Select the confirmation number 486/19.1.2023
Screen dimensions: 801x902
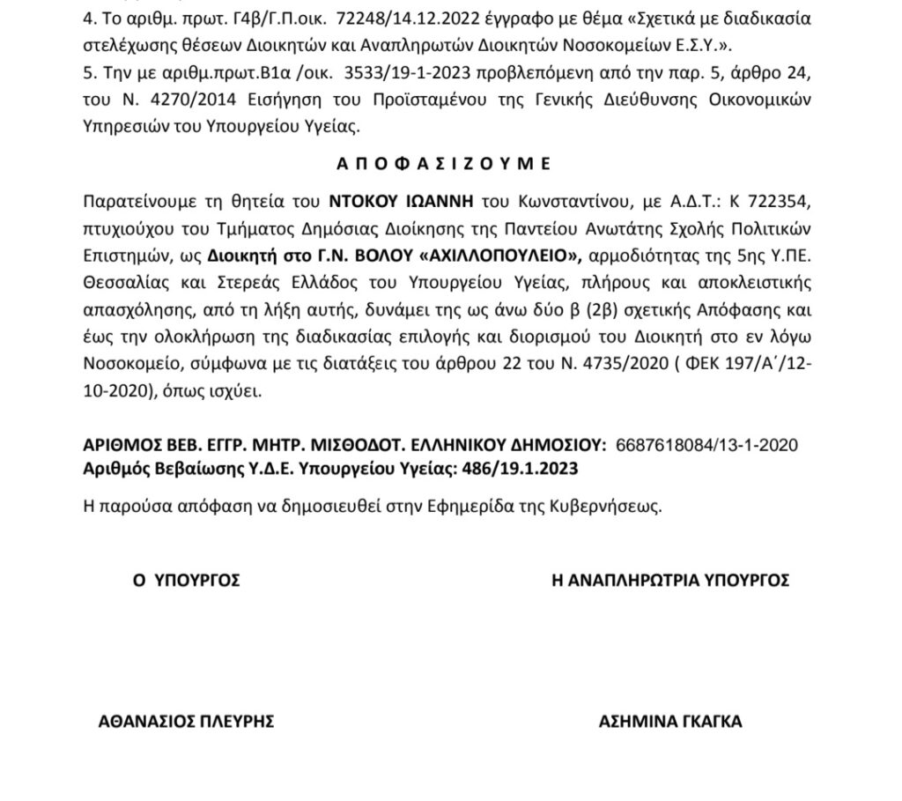click(520, 468)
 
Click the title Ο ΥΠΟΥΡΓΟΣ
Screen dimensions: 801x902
click(186, 580)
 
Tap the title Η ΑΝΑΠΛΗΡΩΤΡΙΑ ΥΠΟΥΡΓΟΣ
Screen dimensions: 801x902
click(669, 580)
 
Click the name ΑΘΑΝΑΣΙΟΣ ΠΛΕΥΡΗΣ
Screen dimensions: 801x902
click(187, 722)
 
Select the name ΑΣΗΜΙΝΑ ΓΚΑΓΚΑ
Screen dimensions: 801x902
click(670, 722)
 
